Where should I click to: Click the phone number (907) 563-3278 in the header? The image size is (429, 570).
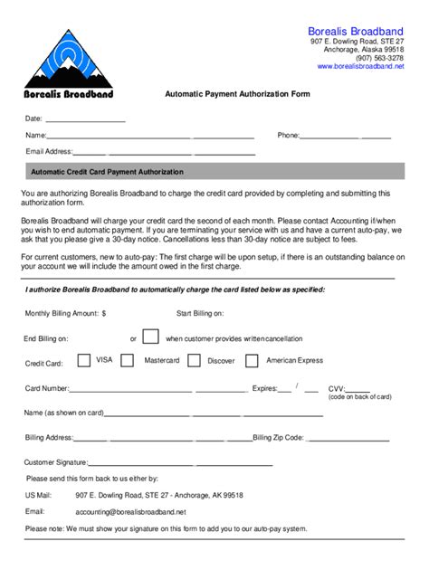[380, 58]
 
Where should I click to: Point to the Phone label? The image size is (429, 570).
[288, 136]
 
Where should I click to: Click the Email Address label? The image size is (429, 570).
[48, 151]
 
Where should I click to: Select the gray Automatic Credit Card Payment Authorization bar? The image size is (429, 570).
[214, 171]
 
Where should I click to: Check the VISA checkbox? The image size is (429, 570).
[84, 360]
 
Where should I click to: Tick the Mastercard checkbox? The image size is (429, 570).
[132, 360]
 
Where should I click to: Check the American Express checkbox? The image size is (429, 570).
[253, 360]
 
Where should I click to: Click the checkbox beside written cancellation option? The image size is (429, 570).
[151, 337]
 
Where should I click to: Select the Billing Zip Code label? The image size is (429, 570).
[278, 438]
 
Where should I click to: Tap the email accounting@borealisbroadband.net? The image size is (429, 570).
[130, 511]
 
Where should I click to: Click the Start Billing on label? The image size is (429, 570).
[199, 313]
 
